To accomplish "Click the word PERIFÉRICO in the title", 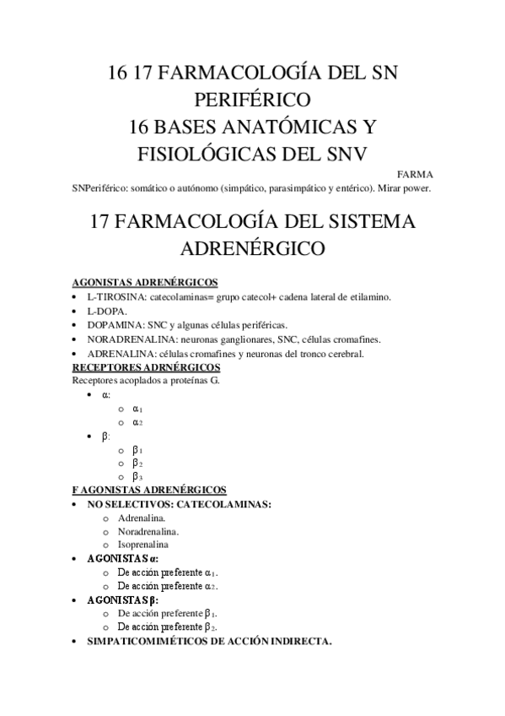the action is [252, 100].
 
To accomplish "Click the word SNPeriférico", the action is [103, 188].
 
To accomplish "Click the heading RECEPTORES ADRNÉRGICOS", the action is [147, 367].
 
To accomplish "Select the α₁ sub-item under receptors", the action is [137, 408].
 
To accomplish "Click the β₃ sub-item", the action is [137, 476].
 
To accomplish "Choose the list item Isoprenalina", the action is [143, 545].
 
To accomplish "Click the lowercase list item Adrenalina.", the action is [141, 518].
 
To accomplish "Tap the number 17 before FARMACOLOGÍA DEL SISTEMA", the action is [100, 222].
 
